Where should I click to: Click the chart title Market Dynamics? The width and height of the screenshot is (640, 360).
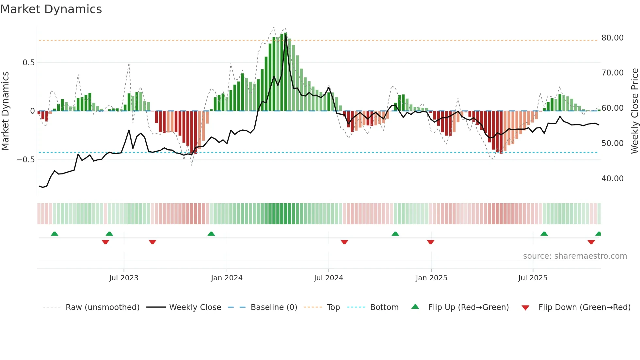51,9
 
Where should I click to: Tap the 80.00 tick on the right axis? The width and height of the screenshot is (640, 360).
612,38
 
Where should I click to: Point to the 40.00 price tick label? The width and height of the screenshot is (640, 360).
612,179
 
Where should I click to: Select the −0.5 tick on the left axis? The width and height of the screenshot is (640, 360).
25,160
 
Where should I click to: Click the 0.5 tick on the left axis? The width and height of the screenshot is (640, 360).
28,63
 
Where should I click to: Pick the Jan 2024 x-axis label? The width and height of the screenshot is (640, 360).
227,278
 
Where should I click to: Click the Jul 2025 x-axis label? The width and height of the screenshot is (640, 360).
533,278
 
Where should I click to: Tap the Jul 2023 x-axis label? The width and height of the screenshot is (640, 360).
124,278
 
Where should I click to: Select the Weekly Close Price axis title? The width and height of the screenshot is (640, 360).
634,111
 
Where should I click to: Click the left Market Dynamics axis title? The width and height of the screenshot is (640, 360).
6,111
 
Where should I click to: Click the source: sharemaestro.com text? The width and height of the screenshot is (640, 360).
575,256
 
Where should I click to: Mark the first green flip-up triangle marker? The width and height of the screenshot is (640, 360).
55,234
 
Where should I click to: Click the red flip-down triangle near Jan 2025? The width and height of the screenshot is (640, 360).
430,242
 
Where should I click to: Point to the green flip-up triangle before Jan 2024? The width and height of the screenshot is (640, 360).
211,234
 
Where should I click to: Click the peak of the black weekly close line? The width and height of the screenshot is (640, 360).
286,35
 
